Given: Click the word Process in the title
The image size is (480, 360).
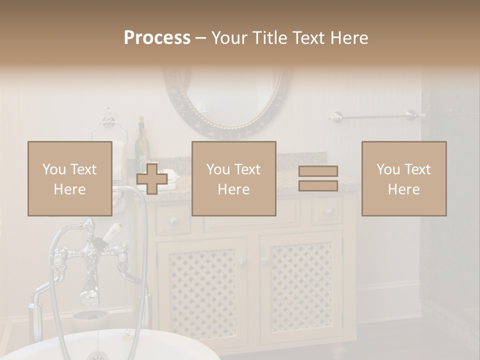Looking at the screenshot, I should coord(157,38).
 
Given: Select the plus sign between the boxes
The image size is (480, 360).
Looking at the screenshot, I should coord(152,179).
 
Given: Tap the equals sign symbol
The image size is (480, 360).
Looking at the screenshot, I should coord(318,178).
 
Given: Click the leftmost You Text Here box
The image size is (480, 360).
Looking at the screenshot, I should coord(69,178).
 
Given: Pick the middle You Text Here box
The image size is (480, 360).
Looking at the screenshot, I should coord(233,178).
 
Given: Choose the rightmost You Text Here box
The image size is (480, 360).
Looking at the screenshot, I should coord(403,178).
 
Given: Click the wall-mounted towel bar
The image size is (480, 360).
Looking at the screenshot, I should coord(375,117).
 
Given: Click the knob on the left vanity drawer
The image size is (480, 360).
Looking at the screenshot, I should coord(173,220).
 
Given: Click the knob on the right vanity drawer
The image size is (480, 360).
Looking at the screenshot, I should coord(328,212).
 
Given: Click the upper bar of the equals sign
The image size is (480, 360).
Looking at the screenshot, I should coord(318,171).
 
